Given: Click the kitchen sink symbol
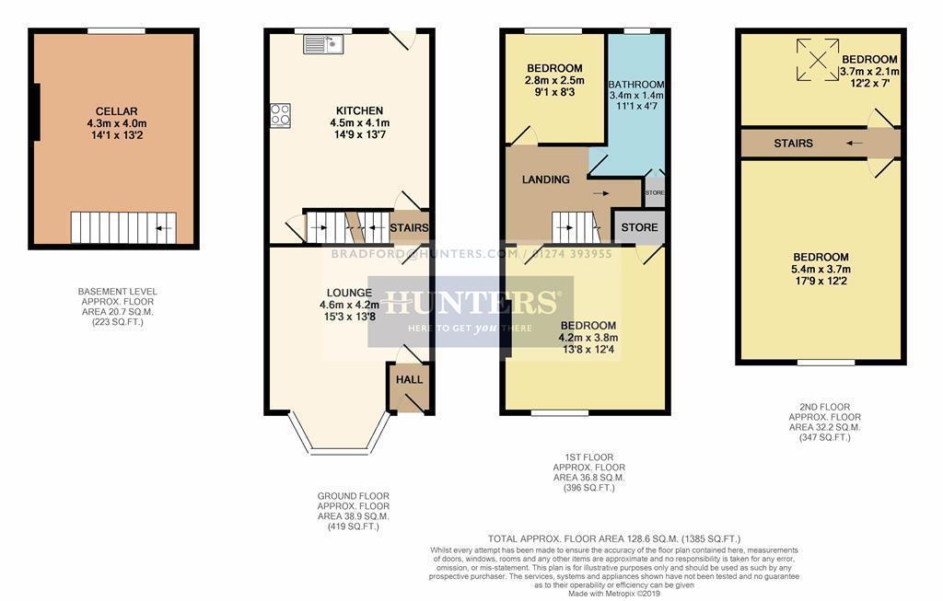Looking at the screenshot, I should (322, 43).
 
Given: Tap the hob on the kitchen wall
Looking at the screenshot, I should (281, 115).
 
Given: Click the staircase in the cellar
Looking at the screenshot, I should (123, 227).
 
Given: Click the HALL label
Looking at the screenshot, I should (409, 379).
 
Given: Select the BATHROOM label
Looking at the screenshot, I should (636, 84).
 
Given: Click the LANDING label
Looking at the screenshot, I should (546, 179).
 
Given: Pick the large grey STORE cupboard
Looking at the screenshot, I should (639, 227).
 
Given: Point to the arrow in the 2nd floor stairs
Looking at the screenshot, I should (856, 143).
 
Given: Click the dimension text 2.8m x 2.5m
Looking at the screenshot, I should (554, 80).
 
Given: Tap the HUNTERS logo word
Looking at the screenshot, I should (470, 302).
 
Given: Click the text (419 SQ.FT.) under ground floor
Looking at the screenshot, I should (354, 526).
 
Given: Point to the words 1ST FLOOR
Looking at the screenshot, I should (588, 457).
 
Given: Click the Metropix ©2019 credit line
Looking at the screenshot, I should (615, 593).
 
